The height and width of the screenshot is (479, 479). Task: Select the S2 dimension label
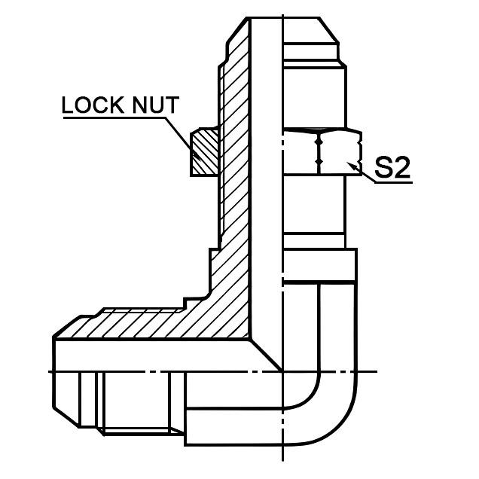pos(392,167)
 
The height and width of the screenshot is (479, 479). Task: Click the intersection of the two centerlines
pos(283,372)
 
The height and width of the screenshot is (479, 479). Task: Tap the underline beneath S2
pos(392,182)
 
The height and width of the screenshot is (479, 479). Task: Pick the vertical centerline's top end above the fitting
pos(283,11)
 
